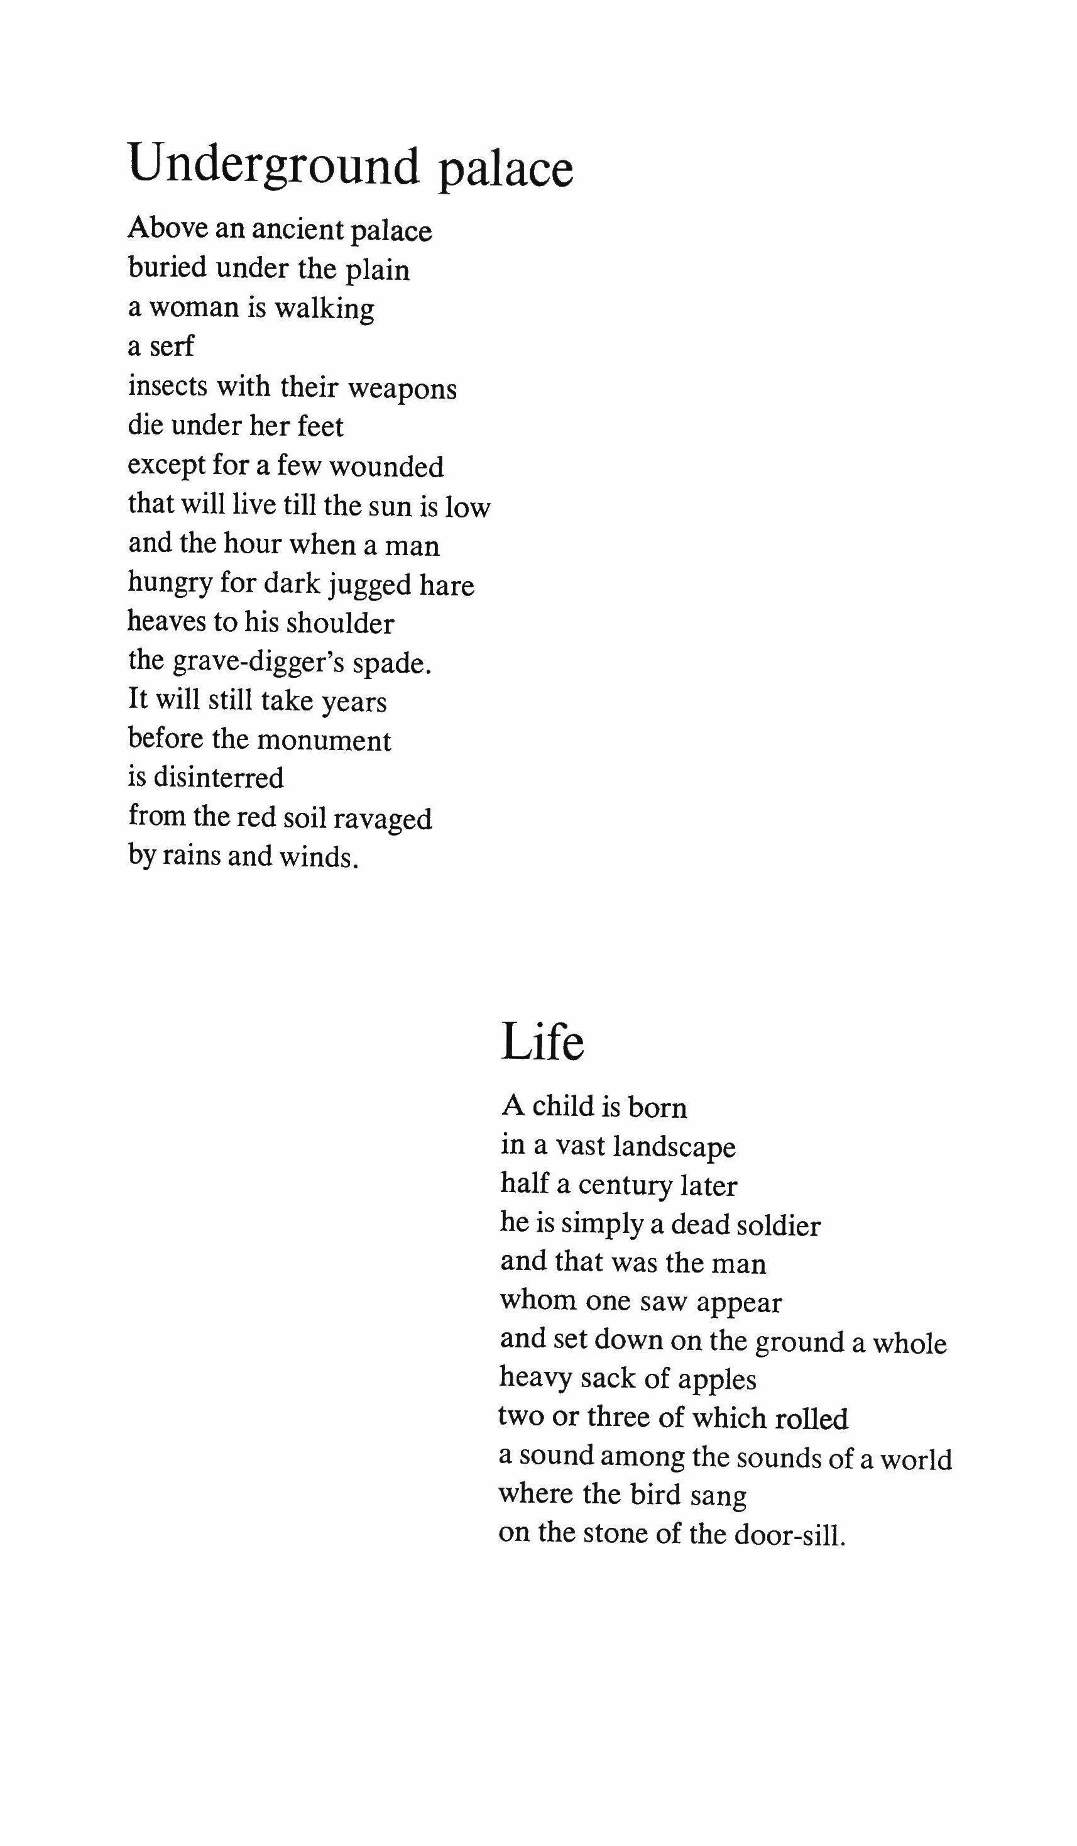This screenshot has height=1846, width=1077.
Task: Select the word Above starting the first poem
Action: (x=168, y=229)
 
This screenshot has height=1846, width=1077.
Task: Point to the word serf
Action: (x=172, y=346)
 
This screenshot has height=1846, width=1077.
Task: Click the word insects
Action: (x=167, y=385)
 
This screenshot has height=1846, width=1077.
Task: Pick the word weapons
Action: (x=402, y=388)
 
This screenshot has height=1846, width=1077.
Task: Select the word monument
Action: (x=324, y=741)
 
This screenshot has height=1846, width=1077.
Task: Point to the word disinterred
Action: (x=218, y=777)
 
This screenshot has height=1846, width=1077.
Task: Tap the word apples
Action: (x=716, y=1380)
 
